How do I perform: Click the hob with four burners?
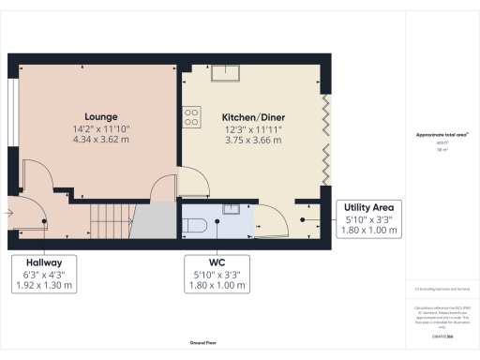coord(191,116)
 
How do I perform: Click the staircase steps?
coord(112,222)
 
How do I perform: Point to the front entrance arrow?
coord(8,213)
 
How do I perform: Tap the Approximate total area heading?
coord(442,135)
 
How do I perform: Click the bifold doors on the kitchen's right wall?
coord(326,141)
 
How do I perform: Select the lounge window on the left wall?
coord(12,112)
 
